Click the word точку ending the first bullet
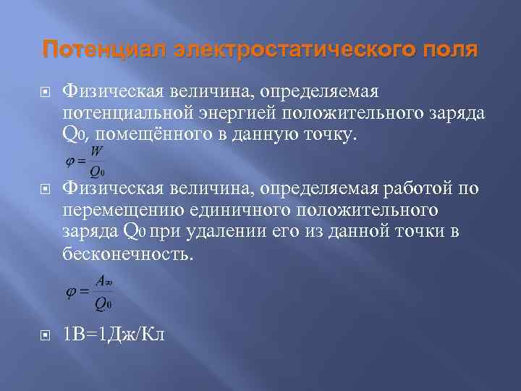(x=329, y=134)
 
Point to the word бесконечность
(x=129, y=255)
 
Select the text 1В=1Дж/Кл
(x=114, y=335)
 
